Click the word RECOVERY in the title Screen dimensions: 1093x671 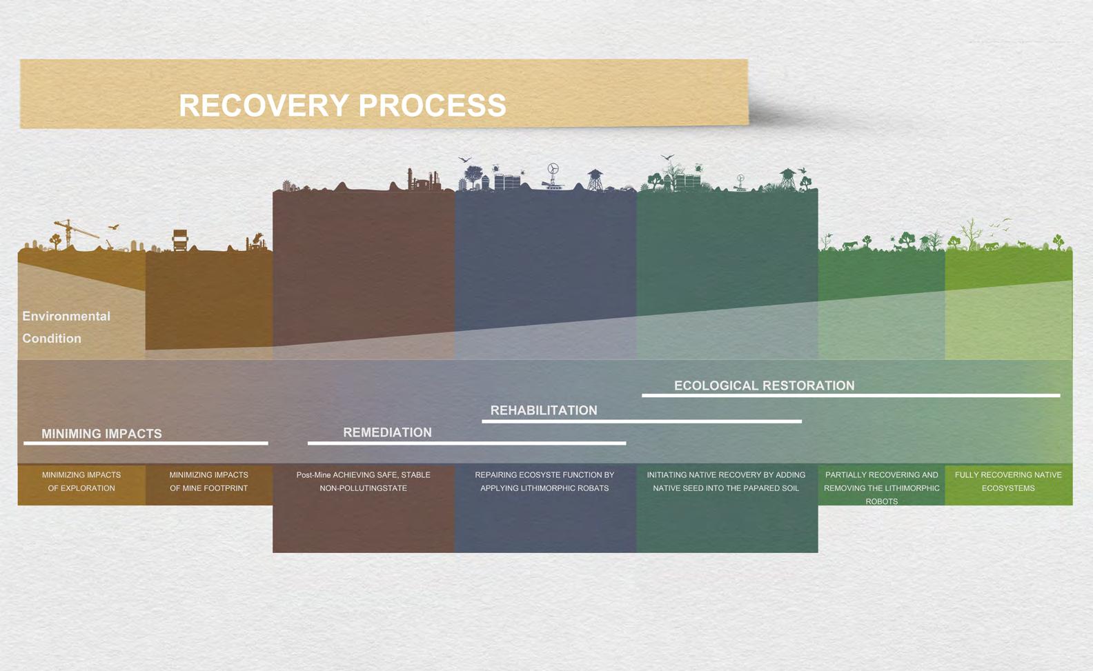click(264, 106)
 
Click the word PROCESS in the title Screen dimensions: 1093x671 click(433, 106)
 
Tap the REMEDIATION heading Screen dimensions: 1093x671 click(387, 432)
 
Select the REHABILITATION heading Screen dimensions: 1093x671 click(544, 410)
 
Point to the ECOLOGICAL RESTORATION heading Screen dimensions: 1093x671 click(764, 385)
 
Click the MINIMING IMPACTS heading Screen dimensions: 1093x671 click(101, 434)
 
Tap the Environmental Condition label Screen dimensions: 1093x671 click(66, 327)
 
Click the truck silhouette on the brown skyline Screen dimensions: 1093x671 click(180, 240)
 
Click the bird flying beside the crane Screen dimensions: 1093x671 click(114, 227)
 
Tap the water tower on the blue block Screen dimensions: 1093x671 click(595, 179)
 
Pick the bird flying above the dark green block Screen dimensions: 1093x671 click(667, 157)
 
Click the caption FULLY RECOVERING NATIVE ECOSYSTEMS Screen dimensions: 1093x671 click(1008, 481)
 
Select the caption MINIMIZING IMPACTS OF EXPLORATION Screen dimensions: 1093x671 click(81, 481)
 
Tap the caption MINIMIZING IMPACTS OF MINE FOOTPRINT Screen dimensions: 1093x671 click(209, 481)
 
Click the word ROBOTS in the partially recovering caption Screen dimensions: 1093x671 click(882, 501)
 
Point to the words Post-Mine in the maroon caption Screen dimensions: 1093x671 click(313, 474)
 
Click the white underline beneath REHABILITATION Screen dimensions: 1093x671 click(642, 421)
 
